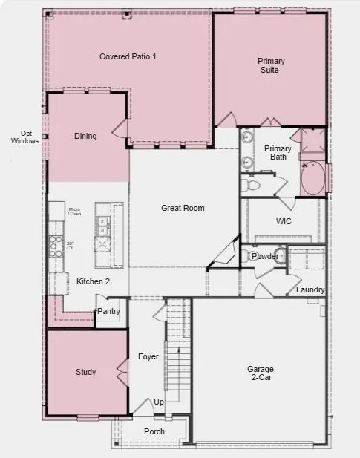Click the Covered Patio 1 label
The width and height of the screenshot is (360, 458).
tap(128, 56)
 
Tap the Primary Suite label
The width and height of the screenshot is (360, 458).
tap(271, 65)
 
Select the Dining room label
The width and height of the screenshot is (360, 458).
tap(85, 136)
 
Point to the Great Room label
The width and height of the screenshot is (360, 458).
tap(183, 208)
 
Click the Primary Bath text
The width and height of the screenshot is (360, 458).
tap(278, 152)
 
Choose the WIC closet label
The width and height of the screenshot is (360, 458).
tap(283, 221)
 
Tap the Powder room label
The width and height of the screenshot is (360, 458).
tap(265, 257)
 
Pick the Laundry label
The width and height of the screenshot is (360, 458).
tap(310, 289)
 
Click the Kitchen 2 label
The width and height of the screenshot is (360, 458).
tap(93, 281)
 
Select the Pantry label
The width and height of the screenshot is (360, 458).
tap(108, 312)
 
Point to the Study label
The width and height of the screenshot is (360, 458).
tap(85, 372)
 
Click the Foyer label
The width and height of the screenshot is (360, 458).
tap(148, 356)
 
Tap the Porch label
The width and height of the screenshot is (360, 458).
tap(154, 431)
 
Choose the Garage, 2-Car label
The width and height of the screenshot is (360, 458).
tap(261, 373)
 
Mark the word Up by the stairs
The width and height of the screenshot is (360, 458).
tap(159, 402)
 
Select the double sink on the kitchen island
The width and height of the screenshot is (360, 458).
tap(102, 226)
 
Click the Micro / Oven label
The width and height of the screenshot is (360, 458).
tap(75, 213)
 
